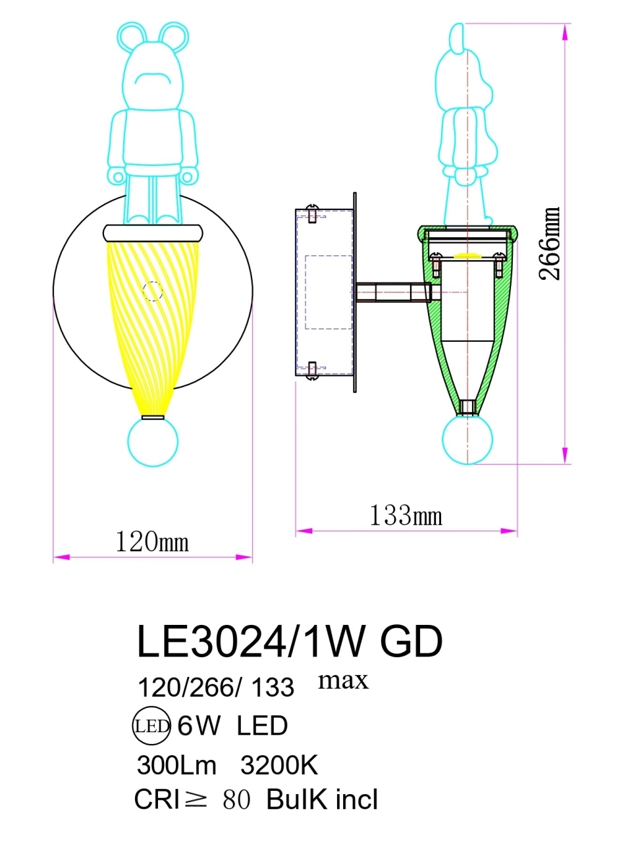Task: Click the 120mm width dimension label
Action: tap(152, 542)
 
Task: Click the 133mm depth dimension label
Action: tap(406, 516)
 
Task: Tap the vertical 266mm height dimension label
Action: tap(550, 244)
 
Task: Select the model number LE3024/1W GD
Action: tap(289, 641)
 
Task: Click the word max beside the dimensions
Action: tap(343, 680)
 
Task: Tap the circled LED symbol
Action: tap(152, 726)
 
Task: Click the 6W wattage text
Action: tap(199, 726)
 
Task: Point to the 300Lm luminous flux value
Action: tap(176, 765)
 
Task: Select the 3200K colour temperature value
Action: tap(279, 765)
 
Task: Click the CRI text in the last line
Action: tap(157, 800)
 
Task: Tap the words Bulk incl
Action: tap(322, 800)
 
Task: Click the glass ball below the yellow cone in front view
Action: tap(153, 442)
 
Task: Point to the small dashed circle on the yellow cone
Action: tap(153, 291)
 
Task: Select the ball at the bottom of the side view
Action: tap(467, 439)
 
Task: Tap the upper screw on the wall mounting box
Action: tap(313, 215)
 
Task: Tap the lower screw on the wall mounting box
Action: tap(313, 370)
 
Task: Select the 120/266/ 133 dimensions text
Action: tap(215, 687)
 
